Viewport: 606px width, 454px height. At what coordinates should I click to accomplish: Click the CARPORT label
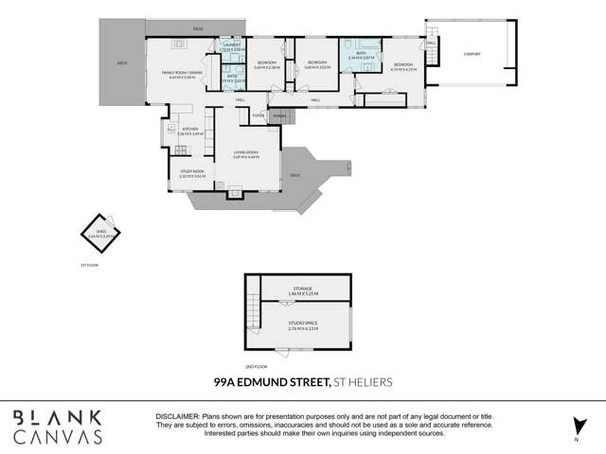point(473,54)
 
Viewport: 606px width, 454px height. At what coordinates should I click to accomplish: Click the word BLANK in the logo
point(57,416)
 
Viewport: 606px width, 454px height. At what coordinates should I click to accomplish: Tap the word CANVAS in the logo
point(57,436)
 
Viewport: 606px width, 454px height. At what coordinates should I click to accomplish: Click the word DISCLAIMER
point(176,416)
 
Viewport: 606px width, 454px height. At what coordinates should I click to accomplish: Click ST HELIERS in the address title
point(361,382)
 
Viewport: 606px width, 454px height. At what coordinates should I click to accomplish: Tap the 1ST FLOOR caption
point(90,266)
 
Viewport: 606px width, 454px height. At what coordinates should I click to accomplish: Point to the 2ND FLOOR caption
point(256,365)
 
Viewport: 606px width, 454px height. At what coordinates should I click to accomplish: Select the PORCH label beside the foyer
point(278,115)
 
